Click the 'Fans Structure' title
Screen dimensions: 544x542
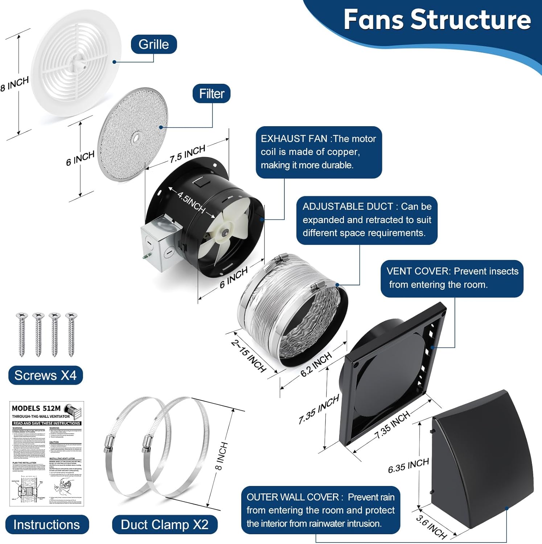pos(437,20)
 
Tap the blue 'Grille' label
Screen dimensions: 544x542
pos(154,44)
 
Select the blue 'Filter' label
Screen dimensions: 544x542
pos(212,94)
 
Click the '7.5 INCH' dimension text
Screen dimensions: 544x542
pos(187,154)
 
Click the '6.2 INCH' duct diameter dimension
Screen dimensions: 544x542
pos(316,364)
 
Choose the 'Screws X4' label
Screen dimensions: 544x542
pos(45,375)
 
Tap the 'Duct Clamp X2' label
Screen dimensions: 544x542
pos(164,524)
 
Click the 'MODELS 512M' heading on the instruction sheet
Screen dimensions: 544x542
pos(36,408)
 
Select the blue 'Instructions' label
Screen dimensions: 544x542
pos(47,524)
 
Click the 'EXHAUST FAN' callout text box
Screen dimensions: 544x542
pos(319,152)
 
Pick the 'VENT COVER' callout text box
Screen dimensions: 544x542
pos(452,278)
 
